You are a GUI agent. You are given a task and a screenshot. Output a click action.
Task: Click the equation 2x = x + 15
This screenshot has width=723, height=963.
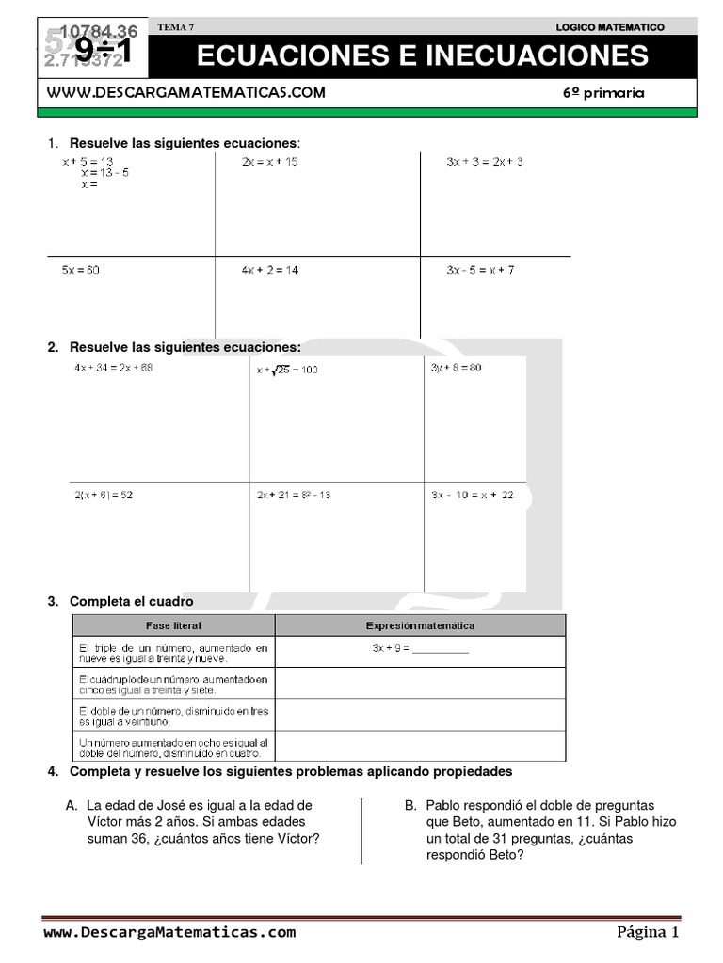tap(269, 162)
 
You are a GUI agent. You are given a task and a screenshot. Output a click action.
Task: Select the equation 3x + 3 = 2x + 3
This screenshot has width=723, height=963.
tap(485, 162)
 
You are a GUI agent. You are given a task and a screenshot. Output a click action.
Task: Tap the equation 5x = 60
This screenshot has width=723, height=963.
tap(81, 270)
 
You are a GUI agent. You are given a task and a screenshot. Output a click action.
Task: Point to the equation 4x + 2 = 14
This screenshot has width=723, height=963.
tap(269, 270)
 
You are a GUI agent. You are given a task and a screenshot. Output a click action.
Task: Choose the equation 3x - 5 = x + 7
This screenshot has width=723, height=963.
tap(480, 270)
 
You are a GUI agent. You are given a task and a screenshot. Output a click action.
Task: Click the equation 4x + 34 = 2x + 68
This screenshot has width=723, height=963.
tap(113, 368)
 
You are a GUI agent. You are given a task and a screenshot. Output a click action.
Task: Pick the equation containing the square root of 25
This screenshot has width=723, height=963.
tap(287, 370)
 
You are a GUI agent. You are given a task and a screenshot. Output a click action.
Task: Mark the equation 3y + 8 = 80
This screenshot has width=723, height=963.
tap(456, 368)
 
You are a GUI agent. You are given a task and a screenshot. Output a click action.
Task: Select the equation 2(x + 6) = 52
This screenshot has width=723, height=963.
tap(104, 496)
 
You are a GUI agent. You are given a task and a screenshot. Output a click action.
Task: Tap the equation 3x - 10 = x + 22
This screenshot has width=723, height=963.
tap(473, 496)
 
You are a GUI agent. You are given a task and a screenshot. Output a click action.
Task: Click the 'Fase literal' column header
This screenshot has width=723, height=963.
tap(173, 625)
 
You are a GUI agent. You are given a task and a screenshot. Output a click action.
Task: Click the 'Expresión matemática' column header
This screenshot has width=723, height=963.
tap(420, 625)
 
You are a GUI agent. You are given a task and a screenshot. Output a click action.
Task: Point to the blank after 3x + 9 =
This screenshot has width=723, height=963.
tap(440, 649)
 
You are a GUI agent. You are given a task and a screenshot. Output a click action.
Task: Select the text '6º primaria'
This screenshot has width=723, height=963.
tap(603, 93)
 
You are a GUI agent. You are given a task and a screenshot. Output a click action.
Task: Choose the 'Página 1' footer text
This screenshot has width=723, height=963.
tap(647, 933)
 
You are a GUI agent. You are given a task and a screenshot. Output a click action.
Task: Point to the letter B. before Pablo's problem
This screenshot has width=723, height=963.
tap(410, 806)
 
